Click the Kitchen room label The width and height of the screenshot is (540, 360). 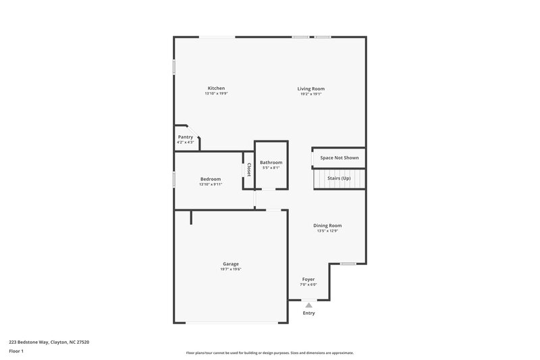[216, 88]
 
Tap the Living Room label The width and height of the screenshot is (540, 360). [311, 88]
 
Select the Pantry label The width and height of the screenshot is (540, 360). [185, 137]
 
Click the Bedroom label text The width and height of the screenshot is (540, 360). [210, 179]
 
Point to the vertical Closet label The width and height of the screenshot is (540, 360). [249, 170]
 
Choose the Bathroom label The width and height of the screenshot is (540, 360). [271, 163]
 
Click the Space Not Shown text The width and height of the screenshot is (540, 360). [339, 158]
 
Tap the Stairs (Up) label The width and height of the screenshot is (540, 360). [339, 178]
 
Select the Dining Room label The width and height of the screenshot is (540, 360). [327, 226]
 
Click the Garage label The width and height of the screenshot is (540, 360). [231, 264]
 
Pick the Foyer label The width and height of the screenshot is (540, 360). [308, 279]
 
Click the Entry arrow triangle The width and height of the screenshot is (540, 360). [308, 305]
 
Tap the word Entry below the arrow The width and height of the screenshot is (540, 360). [308, 313]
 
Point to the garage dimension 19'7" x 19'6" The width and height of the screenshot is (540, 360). [231, 269]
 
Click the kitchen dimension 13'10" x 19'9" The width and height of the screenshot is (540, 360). [216, 94]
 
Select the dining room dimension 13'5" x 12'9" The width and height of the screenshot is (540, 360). [327, 231]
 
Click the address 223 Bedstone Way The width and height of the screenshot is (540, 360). [49, 342]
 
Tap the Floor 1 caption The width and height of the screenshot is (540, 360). [17, 351]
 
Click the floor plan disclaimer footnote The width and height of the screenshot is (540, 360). [269, 353]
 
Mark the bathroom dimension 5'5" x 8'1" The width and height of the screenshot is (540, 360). [271, 168]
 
